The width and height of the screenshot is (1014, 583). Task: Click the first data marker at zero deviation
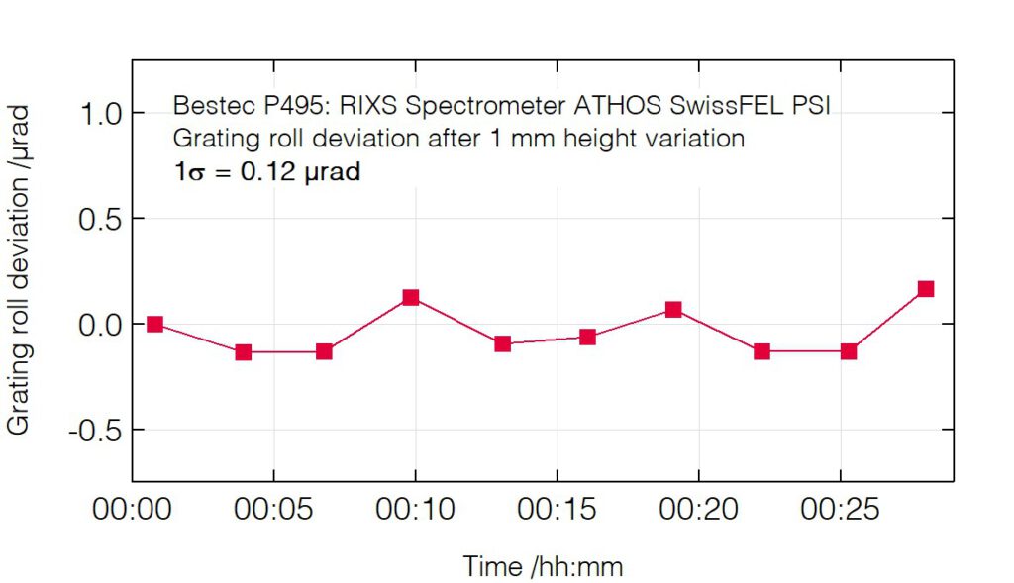tap(154, 324)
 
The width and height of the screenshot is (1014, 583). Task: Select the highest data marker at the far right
tap(926, 289)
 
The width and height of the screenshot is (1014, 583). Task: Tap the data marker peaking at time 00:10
tap(411, 298)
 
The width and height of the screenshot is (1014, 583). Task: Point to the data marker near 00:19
tap(673, 310)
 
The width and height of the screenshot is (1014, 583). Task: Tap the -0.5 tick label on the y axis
tap(94, 431)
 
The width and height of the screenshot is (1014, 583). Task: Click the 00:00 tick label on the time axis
tap(132, 510)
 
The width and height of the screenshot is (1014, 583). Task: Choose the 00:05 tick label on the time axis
tap(273, 510)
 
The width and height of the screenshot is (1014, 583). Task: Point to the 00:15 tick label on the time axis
tap(557, 510)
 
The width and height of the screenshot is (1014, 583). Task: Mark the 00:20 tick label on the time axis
tap(698, 510)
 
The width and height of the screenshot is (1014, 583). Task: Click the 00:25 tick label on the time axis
tap(840, 510)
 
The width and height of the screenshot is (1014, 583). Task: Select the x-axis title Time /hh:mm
tap(543, 566)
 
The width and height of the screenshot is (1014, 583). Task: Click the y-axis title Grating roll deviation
tap(20, 267)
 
